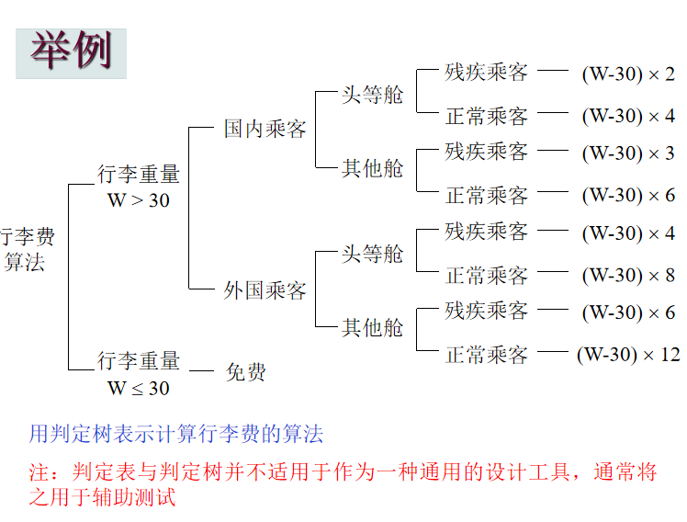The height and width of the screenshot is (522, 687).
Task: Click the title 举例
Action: (x=71, y=51)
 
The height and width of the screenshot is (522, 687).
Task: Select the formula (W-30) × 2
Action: (x=628, y=74)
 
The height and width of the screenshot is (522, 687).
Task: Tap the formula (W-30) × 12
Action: (x=628, y=354)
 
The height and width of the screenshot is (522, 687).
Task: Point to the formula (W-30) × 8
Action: (x=628, y=275)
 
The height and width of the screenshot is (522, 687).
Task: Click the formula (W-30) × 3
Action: (x=628, y=153)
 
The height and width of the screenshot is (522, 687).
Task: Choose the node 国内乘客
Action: (x=265, y=129)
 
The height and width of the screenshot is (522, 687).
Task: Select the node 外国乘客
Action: (x=265, y=291)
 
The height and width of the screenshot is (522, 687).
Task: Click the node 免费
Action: (x=246, y=372)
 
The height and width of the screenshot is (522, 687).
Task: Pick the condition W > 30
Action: (x=139, y=199)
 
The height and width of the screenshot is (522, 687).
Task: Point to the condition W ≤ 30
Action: (x=139, y=388)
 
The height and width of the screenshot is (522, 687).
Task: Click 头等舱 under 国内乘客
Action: (x=372, y=95)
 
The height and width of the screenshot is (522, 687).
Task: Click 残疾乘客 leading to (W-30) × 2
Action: (x=487, y=73)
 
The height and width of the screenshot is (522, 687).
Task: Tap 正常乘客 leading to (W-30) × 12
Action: (x=487, y=354)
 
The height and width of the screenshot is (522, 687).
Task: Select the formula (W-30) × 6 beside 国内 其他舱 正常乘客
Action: (x=628, y=195)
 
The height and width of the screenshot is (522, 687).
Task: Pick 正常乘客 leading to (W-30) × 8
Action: (x=487, y=275)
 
